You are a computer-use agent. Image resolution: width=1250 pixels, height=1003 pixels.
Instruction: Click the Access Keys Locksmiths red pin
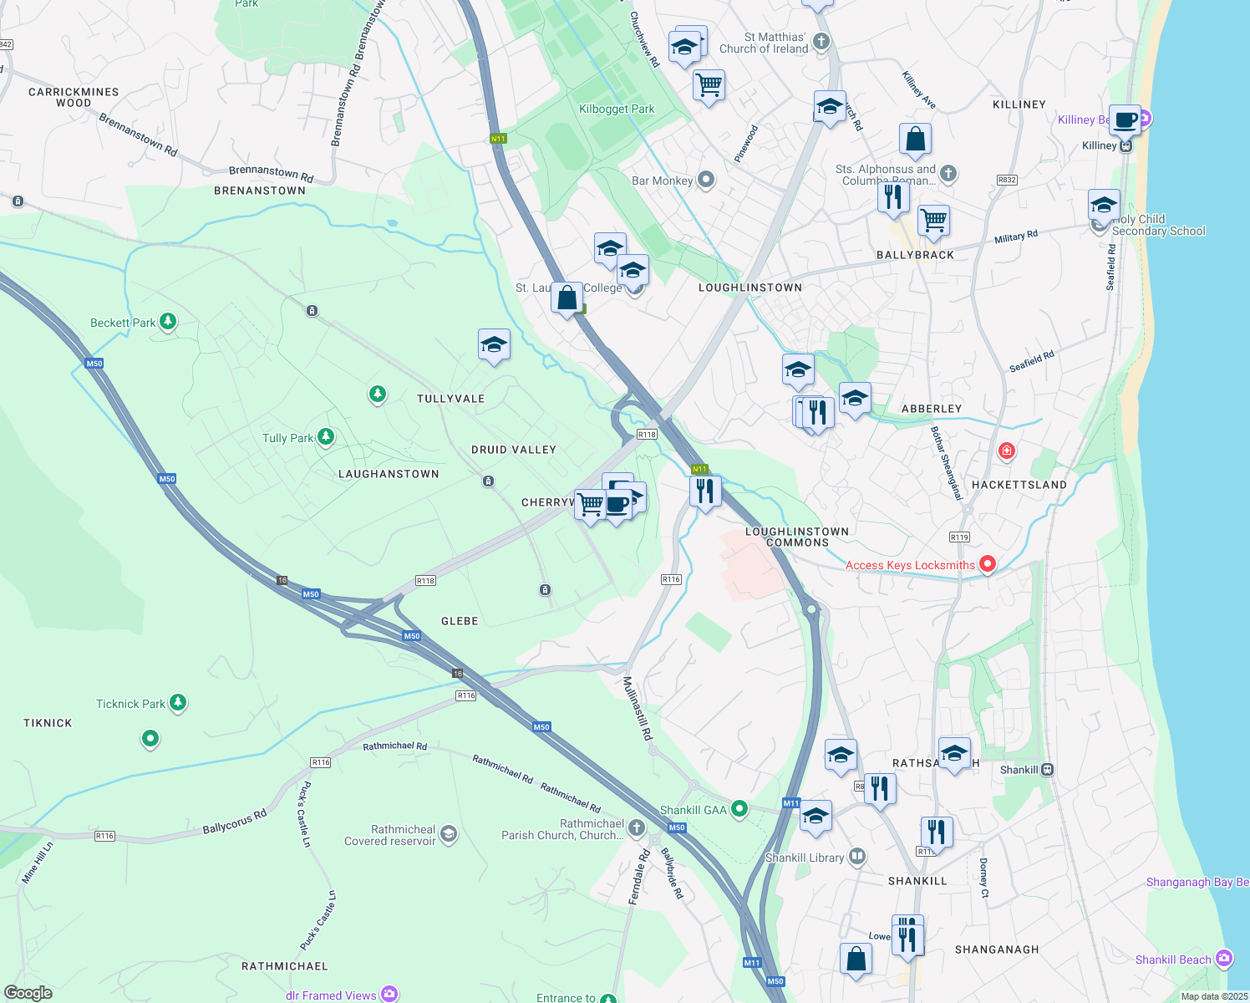pyautogui.click(x=987, y=564)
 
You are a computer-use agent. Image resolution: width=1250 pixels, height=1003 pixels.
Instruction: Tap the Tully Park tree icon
pyautogui.click(x=326, y=436)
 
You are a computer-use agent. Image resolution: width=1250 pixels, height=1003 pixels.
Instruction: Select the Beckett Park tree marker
pyautogui.click(x=168, y=321)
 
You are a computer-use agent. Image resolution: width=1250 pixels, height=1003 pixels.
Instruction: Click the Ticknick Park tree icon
pyautogui.click(x=178, y=702)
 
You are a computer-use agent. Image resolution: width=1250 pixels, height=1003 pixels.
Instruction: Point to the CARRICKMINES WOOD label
pyautogui.click(x=74, y=98)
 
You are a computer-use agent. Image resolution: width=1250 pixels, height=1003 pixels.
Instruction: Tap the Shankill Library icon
pyautogui.click(x=856, y=857)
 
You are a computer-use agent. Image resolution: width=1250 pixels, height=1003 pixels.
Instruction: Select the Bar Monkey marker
pyautogui.click(x=707, y=180)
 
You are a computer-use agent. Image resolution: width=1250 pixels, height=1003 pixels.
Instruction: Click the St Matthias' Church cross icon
pyautogui.click(x=821, y=41)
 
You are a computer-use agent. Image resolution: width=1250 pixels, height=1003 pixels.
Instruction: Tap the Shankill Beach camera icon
pyautogui.click(x=1224, y=958)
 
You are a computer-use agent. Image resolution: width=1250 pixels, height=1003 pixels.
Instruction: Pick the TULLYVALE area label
pyautogui.click(x=451, y=399)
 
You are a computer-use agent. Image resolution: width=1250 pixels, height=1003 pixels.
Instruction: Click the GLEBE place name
pyautogui.click(x=460, y=621)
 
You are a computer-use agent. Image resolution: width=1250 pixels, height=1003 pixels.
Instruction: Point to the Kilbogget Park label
pyautogui.click(x=617, y=109)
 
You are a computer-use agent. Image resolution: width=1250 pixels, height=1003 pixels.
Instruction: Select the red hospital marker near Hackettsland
pyautogui.click(x=1007, y=451)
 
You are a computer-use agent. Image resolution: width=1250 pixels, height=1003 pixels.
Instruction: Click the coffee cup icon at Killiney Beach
pyautogui.click(x=1125, y=120)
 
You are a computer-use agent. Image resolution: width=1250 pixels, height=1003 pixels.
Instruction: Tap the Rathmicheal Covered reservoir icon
pyautogui.click(x=449, y=834)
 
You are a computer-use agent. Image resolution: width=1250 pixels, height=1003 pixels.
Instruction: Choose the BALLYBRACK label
pyautogui.click(x=915, y=255)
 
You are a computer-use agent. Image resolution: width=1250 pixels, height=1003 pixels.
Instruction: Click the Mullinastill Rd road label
pyautogui.click(x=638, y=709)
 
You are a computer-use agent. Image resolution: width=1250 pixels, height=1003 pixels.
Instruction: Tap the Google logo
pyautogui.click(x=28, y=993)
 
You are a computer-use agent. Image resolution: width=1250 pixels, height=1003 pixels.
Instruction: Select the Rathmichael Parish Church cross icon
pyautogui.click(x=637, y=827)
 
